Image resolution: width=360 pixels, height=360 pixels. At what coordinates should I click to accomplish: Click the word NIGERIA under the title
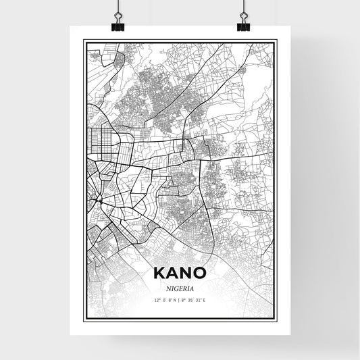click(x=179, y=287)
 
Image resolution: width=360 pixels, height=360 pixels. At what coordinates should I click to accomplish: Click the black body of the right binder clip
click(x=243, y=26)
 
